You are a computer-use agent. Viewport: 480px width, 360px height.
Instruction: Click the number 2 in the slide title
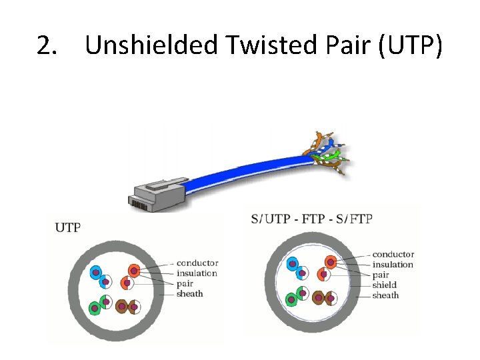point(46,45)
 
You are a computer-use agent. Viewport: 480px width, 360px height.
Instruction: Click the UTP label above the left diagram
point(67,227)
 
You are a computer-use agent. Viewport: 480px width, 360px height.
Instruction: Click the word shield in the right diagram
point(385,285)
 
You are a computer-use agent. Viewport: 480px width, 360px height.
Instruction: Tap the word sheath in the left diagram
point(190,293)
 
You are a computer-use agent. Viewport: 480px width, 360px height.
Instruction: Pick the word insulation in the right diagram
point(393,265)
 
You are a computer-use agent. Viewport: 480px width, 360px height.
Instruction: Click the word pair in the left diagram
point(185,283)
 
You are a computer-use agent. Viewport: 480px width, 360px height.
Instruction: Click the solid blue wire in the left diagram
point(95,272)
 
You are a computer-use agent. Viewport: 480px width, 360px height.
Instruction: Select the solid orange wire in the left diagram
point(134,271)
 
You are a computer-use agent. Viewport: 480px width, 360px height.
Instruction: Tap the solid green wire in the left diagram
point(95,308)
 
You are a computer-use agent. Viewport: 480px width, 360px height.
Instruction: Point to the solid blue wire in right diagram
point(291,264)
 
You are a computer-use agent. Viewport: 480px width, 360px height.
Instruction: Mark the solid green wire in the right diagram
point(291,300)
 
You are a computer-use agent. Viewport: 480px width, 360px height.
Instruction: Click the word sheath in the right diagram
point(385,295)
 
